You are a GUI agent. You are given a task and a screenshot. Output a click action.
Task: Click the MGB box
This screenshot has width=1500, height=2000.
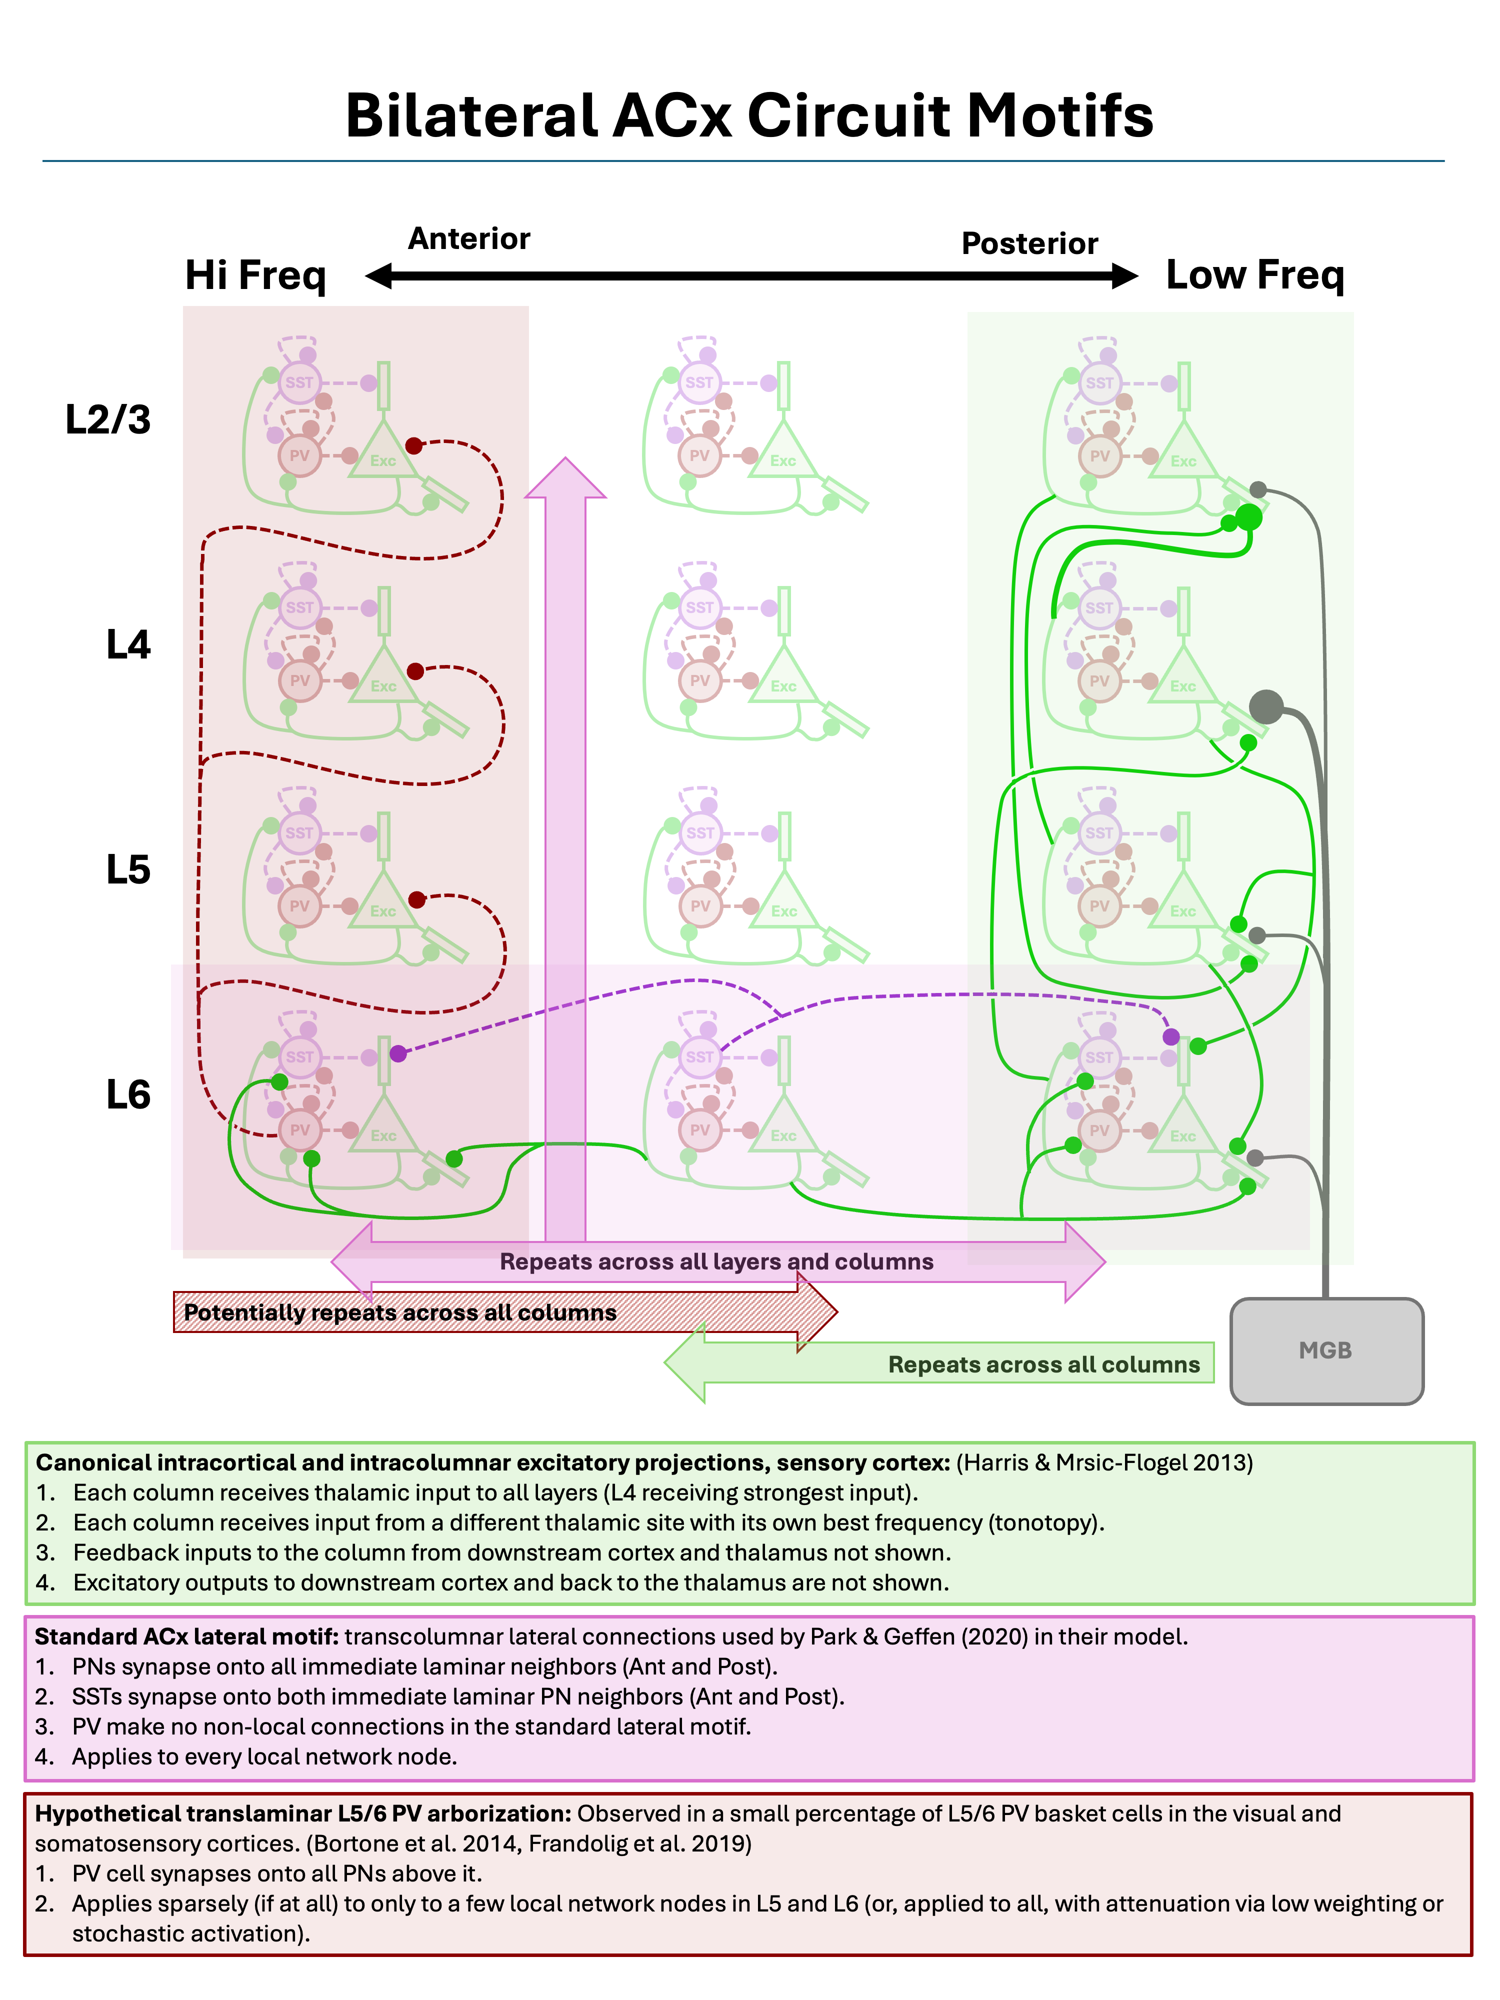pyautogui.click(x=1325, y=1351)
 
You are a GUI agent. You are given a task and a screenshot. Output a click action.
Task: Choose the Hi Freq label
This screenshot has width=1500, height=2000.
pyautogui.click(x=255, y=275)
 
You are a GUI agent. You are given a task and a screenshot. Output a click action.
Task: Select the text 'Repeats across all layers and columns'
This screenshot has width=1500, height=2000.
pyautogui.click(x=716, y=1261)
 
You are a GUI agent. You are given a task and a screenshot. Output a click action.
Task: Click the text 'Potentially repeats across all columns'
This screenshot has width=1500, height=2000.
pyautogui.click(x=399, y=1313)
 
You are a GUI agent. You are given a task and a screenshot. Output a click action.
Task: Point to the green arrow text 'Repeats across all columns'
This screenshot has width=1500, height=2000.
pyautogui.click(x=1043, y=1364)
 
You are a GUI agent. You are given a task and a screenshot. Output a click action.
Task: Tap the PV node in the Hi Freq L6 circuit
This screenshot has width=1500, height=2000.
pyautogui.click(x=299, y=1130)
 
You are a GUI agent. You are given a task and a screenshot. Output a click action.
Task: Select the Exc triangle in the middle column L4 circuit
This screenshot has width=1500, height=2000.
pyautogui.click(x=783, y=678)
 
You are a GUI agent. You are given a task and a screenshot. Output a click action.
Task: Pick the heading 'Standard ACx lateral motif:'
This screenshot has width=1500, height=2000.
pyautogui.click(x=186, y=1636)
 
